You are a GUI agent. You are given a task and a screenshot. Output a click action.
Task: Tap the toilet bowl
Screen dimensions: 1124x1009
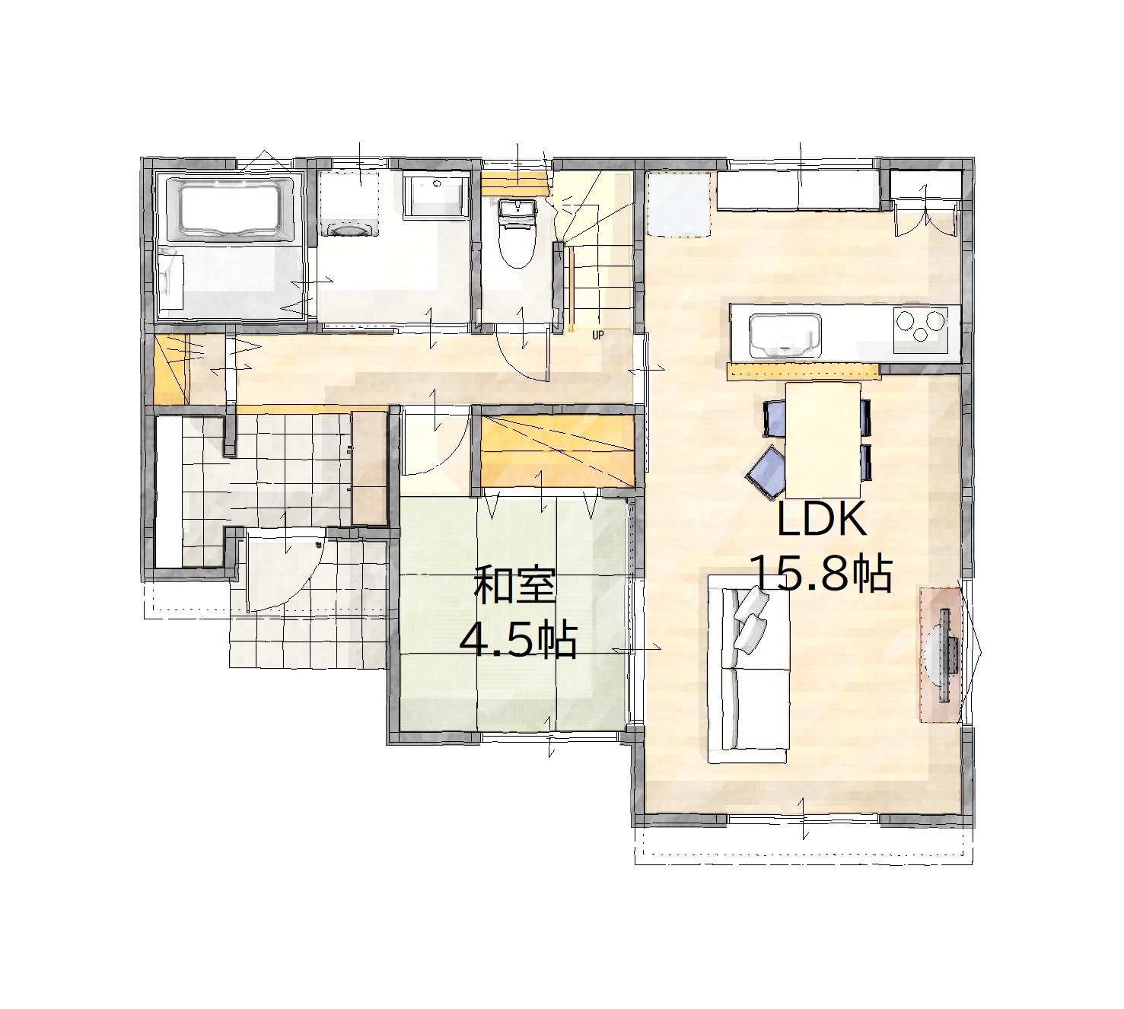click(x=517, y=242)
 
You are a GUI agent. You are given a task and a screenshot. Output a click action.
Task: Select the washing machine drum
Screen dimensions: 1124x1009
click(x=349, y=228)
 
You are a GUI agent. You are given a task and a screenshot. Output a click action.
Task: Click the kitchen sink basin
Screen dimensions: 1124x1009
click(x=785, y=336)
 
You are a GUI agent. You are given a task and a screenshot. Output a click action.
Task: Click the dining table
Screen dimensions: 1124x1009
click(x=823, y=440)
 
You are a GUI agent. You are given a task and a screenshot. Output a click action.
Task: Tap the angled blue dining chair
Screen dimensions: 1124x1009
click(x=767, y=473)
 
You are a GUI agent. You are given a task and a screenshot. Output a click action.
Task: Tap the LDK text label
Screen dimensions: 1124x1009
click(x=821, y=520)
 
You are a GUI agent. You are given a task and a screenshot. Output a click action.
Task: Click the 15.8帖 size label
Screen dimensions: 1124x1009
click(x=822, y=573)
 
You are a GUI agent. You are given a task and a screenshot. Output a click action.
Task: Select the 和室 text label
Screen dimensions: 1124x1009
click(x=515, y=585)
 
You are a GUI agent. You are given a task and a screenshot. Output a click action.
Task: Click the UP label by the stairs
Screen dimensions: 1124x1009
click(x=597, y=335)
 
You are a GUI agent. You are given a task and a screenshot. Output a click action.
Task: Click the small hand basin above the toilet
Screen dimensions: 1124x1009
click(x=517, y=208)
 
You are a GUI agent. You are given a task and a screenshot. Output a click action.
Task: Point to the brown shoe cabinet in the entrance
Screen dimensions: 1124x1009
click(x=369, y=467)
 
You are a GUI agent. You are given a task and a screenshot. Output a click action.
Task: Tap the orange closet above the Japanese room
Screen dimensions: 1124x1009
click(x=558, y=451)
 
